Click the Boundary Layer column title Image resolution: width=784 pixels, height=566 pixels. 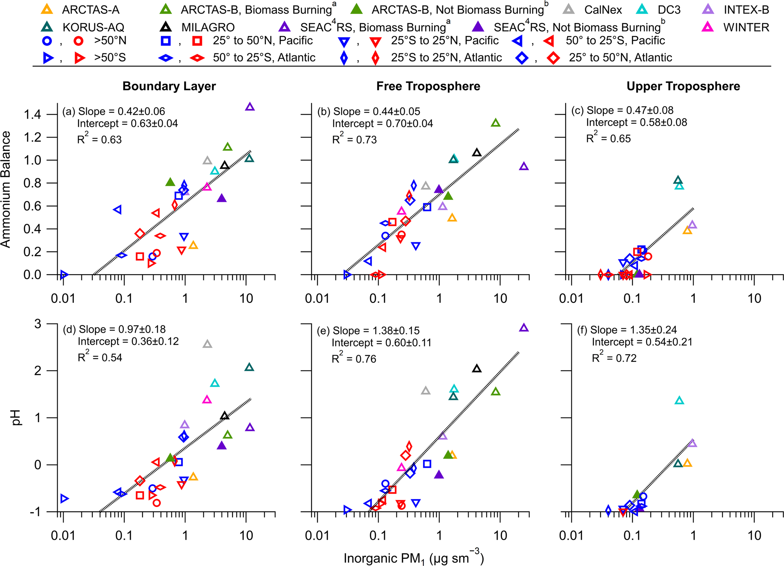pos(169,86)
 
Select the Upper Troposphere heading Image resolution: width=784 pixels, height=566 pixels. pos(683,86)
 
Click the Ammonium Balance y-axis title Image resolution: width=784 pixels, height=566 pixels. pos(5,189)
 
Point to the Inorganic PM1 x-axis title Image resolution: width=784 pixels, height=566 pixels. pos(413,558)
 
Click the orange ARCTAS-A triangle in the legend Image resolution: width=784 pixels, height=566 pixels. pos(46,9)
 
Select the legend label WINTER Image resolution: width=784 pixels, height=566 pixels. pos(746,27)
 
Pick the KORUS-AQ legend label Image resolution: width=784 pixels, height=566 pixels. pos(93,27)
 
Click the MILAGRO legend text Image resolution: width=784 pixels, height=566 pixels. pos(208,27)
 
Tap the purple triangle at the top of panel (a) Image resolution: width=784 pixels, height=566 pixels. pos(250,107)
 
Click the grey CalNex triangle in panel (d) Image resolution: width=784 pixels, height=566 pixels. pos(207,344)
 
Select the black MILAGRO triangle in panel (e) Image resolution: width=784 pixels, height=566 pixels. pos(476,369)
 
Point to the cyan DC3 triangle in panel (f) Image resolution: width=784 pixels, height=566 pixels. pos(679,401)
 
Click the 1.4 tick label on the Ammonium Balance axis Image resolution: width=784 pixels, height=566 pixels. pos(32,115)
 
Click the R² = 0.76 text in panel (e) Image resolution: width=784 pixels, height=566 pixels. pos(354,359)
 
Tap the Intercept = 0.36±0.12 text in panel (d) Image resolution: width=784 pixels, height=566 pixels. pos(128,341)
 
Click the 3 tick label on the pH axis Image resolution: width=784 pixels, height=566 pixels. pos(38,324)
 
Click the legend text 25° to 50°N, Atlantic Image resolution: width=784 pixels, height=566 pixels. pos(620,58)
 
